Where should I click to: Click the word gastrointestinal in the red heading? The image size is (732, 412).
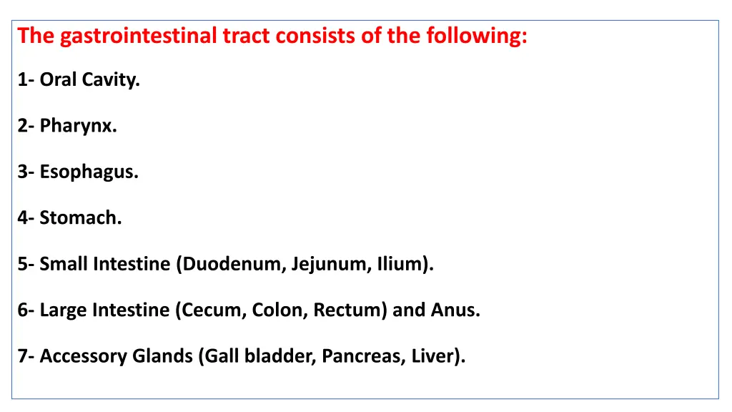(x=138, y=36)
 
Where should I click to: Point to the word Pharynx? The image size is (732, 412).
(x=78, y=127)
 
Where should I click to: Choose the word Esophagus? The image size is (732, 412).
(x=89, y=172)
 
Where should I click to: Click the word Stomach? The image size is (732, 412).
(x=81, y=218)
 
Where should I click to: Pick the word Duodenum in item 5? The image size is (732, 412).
(x=234, y=264)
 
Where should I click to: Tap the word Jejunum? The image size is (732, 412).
(x=329, y=264)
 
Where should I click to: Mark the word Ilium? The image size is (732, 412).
(x=402, y=264)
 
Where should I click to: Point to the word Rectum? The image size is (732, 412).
(x=349, y=310)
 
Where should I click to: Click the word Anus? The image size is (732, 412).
(x=455, y=310)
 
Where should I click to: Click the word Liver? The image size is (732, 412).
(x=435, y=355)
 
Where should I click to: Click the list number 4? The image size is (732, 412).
(x=24, y=218)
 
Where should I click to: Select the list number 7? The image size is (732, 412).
(x=24, y=355)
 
